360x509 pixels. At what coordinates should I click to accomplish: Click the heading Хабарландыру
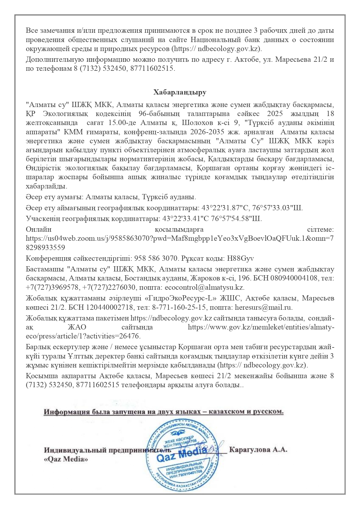point(180,93)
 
